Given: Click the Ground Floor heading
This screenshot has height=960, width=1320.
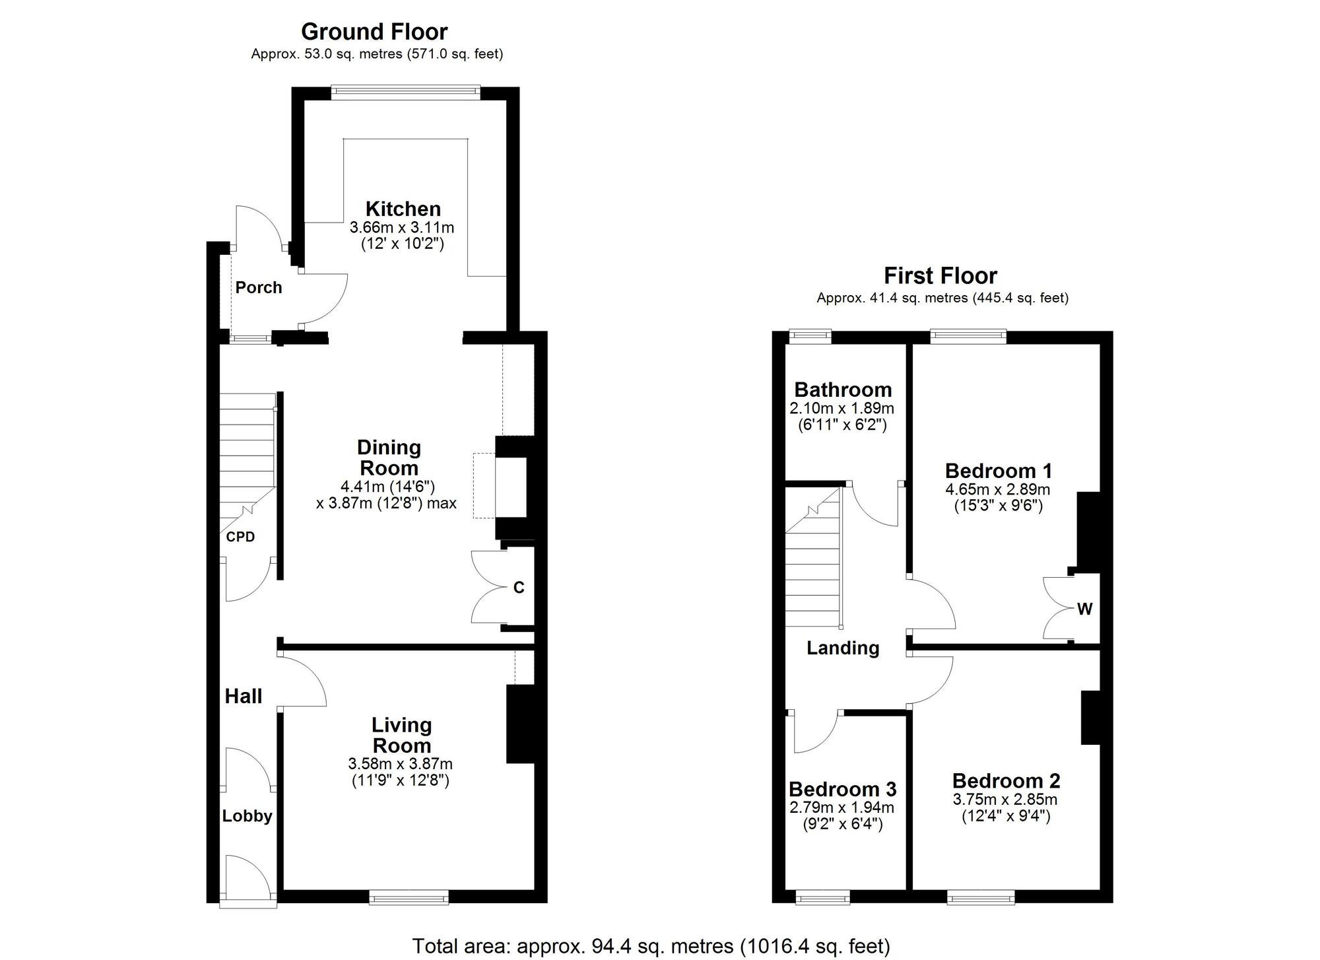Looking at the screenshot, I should click(x=374, y=31).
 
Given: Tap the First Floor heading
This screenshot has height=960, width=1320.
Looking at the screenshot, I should click(x=940, y=275).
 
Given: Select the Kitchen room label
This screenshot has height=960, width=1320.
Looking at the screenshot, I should click(x=403, y=209).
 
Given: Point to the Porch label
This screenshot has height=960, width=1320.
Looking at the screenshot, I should click(x=259, y=287).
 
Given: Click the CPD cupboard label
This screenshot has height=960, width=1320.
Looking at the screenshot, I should click(x=240, y=537).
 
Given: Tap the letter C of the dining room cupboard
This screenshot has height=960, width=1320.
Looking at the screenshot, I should click(x=519, y=588).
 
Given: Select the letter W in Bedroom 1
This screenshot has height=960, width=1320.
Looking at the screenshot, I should click(x=1084, y=609).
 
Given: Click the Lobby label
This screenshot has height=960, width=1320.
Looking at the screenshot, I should click(x=247, y=816).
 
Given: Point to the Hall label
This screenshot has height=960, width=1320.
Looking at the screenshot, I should click(x=244, y=696).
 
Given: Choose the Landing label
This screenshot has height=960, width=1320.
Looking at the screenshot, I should click(x=843, y=648).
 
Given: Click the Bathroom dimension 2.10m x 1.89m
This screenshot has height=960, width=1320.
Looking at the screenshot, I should click(x=841, y=409).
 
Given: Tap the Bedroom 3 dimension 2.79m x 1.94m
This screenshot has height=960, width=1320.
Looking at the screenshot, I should click(x=841, y=807).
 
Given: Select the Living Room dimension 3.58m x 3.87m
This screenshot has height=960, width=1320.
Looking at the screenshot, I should click(x=401, y=765).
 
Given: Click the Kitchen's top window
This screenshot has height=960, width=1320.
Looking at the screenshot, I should click(x=405, y=92).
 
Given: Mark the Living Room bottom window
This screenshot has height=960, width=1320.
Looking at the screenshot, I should click(x=409, y=897).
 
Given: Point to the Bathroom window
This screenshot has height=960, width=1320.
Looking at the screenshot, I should click(x=810, y=336).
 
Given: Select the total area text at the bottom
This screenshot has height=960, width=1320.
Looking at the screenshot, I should click(x=651, y=945).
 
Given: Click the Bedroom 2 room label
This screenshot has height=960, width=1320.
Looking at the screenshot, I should click(x=1006, y=781).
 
